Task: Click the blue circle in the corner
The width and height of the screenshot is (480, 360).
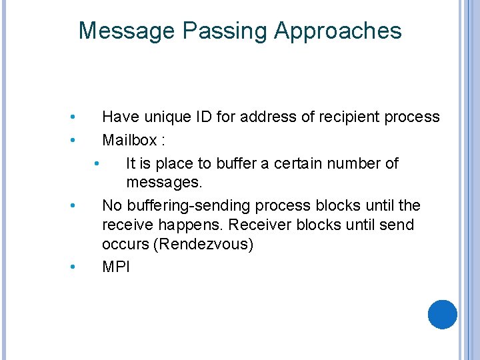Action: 443,315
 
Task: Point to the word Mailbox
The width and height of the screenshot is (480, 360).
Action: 130,141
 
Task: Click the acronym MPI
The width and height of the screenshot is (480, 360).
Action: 116,267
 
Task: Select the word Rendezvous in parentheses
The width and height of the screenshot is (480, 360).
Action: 203,245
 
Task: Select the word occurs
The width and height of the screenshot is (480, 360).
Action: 125,245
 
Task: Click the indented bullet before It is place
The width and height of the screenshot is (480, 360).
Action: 97,163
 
